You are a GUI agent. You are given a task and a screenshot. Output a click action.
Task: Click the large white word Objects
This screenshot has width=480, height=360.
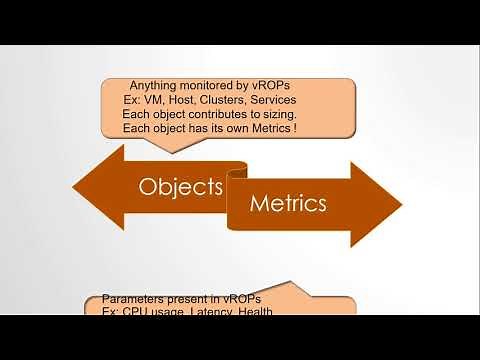pos(180,186)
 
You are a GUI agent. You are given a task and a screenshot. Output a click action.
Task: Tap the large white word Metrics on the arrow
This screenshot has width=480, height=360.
pos(287,204)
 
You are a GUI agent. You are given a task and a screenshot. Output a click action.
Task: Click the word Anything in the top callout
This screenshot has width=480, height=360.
pos(158,87)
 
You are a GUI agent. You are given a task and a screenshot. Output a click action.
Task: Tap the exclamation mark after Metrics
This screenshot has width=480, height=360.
pos(324,130)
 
